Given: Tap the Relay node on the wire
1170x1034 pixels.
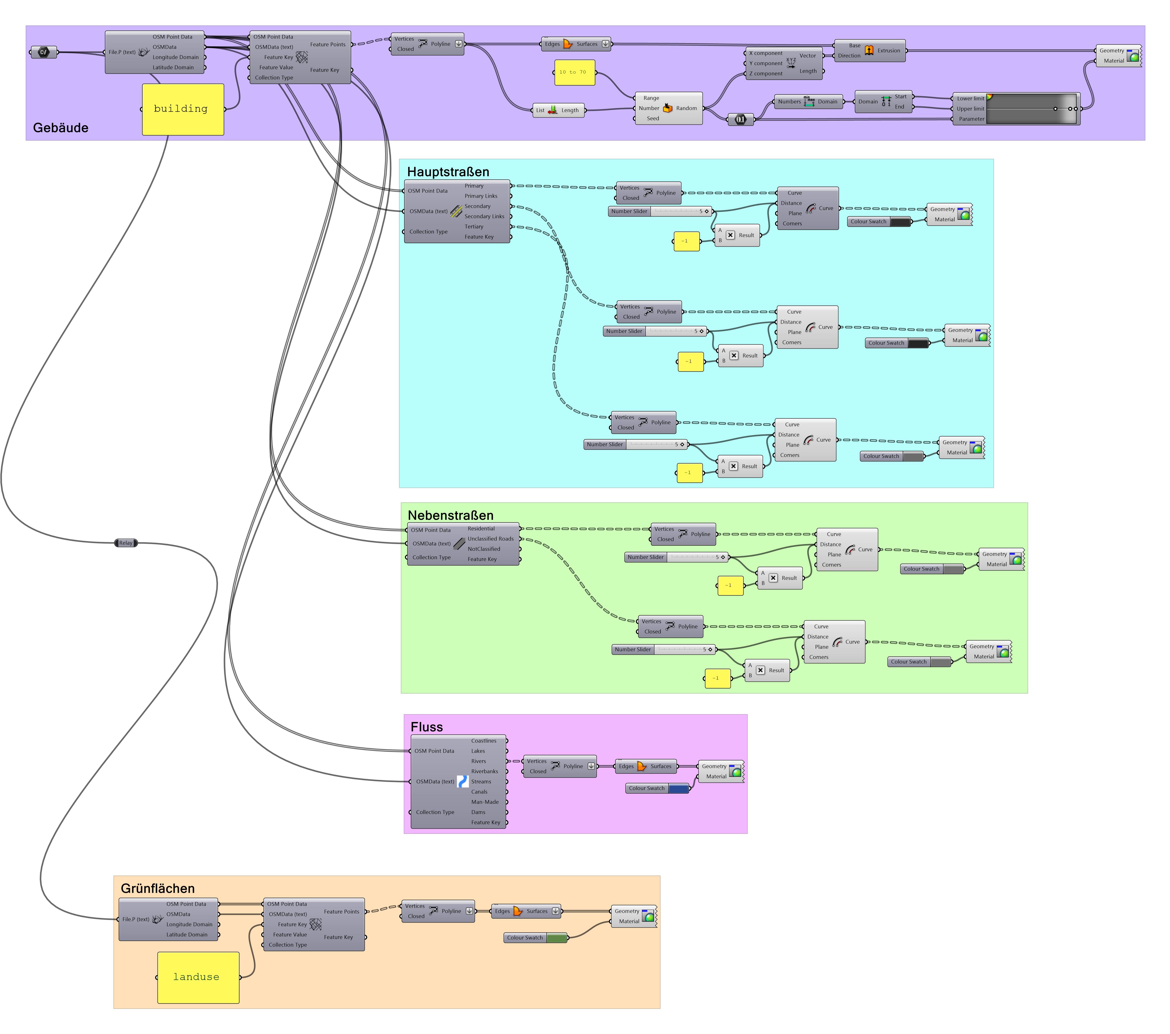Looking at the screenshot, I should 126,543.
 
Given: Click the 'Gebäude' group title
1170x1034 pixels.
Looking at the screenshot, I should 61,128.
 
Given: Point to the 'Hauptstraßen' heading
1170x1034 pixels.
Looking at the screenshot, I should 448,172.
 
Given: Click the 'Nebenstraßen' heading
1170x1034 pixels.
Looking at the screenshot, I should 450,515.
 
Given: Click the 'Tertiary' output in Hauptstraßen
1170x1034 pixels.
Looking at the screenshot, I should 474,227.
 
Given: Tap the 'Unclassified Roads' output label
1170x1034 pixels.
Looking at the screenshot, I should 490,539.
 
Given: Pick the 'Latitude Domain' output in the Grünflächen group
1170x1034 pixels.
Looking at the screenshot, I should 187,935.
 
